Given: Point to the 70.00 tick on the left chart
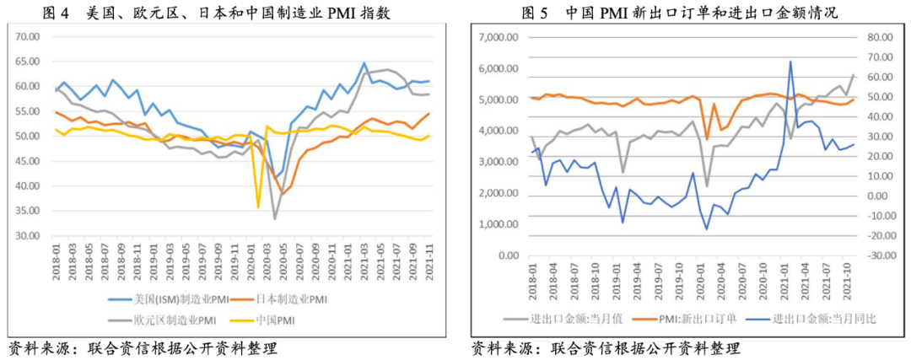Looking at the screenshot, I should (x=29, y=37).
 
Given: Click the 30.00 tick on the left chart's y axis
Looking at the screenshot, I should (x=29, y=235).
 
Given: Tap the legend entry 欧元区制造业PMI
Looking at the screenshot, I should (x=169, y=320).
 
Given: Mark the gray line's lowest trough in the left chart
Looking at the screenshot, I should (x=275, y=219).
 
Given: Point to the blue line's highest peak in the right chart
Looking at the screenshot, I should (x=790, y=62).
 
